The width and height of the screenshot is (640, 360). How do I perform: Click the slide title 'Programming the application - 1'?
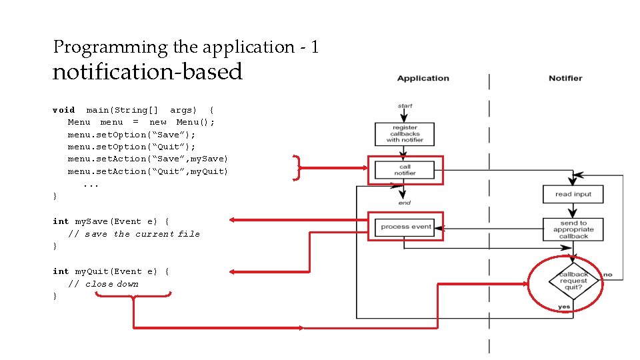click(x=186, y=47)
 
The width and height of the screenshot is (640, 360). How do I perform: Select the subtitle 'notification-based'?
click(x=147, y=71)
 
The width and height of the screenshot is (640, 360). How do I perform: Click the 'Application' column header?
click(x=423, y=78)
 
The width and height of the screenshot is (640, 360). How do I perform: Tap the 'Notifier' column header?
click(x=565, y=78)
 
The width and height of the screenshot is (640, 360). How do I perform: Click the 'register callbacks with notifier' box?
click(x=405, y=133)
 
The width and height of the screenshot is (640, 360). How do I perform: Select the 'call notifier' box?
click(x=405, y=170)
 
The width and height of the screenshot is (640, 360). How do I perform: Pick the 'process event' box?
click(x=405, y=227)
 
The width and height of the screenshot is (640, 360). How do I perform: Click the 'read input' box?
click(x=573, y=194)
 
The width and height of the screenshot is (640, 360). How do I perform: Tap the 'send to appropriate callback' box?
click(x=573, y=229)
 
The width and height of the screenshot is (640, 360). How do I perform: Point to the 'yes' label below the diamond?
click(x=564, y=307)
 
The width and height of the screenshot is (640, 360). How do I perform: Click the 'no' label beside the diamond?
click(x=607, y=275)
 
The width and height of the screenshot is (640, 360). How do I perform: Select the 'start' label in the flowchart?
click(x=405, y=105)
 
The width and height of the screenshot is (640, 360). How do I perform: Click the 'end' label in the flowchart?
click(x=405, y=203)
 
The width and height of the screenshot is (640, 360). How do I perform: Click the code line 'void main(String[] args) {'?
click(x=133, y=110)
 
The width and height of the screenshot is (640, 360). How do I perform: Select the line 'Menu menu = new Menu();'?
click(x=141, y=122)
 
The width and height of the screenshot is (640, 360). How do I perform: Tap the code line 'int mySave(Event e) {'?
click(x=111, y=221)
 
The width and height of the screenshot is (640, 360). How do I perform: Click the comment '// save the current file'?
click(x=133, y=234)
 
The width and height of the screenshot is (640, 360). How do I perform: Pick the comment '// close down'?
click(x=103, y=284)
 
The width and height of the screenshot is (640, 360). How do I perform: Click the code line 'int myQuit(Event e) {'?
click(x=111, y=271)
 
